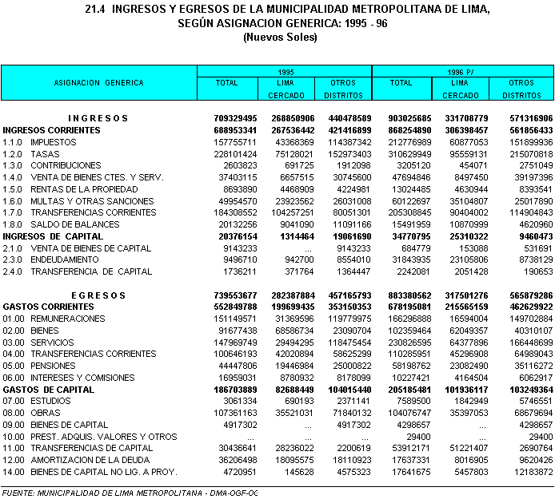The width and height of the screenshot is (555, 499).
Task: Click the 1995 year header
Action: (285, 71)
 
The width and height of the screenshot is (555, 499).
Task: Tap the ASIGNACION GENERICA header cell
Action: (98, 83)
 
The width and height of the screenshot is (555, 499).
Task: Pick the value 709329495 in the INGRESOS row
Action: (230, 118)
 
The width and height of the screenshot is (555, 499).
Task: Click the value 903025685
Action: (404, 118)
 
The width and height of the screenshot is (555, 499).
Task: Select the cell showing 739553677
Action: (230, 295)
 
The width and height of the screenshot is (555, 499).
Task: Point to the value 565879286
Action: (525, 295)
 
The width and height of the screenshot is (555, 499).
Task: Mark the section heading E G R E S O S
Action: (98, 295)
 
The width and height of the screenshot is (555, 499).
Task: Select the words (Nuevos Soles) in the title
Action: (280, 37)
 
